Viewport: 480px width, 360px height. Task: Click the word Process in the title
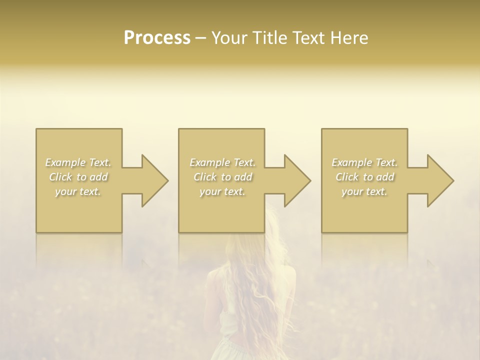[157, 38]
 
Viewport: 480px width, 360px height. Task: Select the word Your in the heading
[229, 38]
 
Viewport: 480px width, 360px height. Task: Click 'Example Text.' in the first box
[78, 162]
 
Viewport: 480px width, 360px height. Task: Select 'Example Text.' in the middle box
[222, 162]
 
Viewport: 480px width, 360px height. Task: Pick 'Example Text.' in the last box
[364, 162]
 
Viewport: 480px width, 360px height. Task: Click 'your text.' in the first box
[78, 191]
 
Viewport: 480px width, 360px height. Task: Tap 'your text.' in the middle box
[222, 191]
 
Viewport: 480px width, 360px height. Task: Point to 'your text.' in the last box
[364, 191]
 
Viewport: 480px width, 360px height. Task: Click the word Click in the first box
[60, 177]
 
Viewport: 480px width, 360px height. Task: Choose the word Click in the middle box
[204, 177]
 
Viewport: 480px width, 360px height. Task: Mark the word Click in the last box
[347, 177]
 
